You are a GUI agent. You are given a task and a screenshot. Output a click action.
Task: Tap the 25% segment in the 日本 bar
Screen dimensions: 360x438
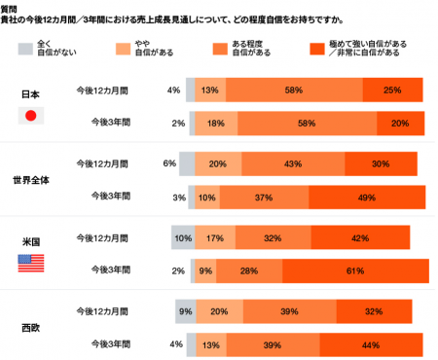[x=392, y=90]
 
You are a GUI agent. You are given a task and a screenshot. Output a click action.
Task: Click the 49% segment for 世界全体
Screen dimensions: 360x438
[x=367, y=197]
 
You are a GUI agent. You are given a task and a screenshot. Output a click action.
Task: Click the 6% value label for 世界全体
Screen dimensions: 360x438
[x=169, y=162]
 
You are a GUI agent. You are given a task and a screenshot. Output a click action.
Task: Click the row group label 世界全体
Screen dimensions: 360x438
[x=30, y=180]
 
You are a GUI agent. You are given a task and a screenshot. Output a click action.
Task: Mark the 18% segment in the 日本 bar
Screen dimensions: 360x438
[x=217, y=123]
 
